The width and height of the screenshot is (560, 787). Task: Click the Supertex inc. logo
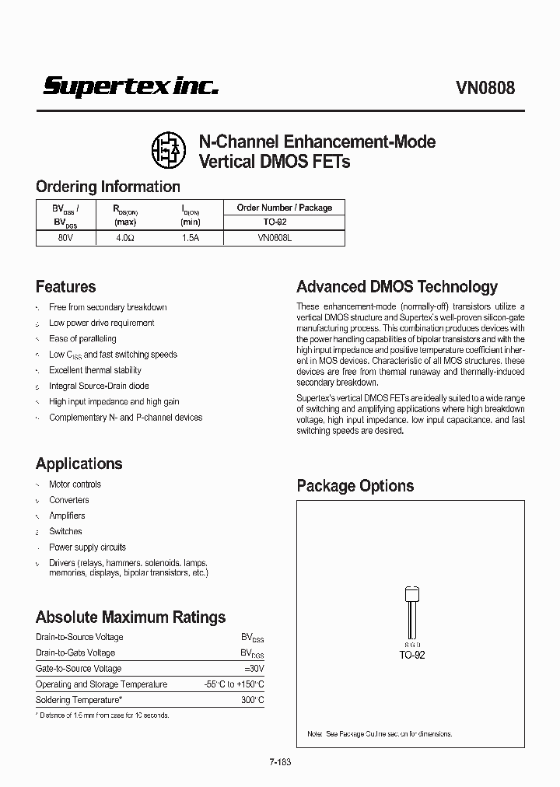coord(130,86)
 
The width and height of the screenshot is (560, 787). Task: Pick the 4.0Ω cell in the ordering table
coord(125,238)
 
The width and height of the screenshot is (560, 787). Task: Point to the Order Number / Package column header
coord(284,208)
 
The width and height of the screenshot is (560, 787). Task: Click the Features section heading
coord(66,286)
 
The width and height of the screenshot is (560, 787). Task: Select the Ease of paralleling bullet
coord(82,338)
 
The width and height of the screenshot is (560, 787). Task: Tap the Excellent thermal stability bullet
coord(95,370)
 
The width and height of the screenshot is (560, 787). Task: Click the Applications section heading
coord(79,463)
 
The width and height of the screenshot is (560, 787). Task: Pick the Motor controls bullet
coord(75,484)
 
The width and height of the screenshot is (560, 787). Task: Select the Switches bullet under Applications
coord(65,531)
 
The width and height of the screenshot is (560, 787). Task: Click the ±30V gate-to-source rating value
coord(254,668)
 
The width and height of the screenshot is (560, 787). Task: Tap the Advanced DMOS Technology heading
coord(397,286)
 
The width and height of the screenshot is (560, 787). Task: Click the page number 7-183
coord(280,763)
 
